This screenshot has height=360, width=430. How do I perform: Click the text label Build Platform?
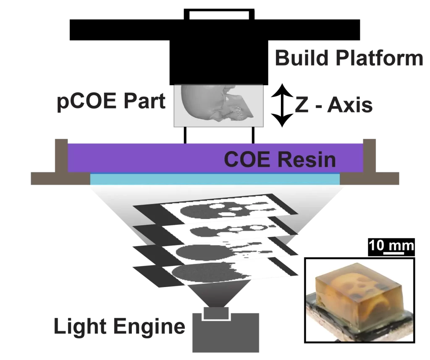[x=349, y=59]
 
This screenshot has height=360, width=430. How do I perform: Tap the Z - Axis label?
[x=334, y=105]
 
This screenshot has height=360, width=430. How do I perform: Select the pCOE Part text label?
[x=111, y=102]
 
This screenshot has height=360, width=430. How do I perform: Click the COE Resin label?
[x=280, y=159]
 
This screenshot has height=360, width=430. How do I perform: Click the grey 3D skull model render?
[x=218, y=105]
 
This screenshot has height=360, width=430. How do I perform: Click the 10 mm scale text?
[x=391, y=245]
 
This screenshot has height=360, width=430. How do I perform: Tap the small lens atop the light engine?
[x=216, y=313]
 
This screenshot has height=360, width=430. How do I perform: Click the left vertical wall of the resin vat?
[x=61, y=155]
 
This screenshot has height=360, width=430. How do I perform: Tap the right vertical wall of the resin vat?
[x=370, y=155]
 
